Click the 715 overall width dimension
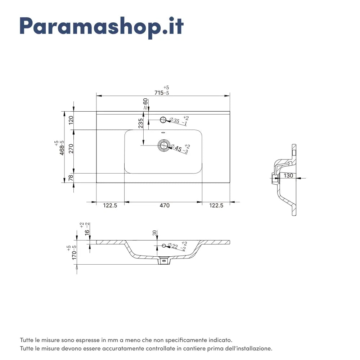point(162,91)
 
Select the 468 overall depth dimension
point(60,148)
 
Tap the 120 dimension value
point(71,120)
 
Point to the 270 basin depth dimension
point(71,149)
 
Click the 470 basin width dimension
point(165,205)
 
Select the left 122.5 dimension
point(110,205)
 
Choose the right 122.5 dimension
point(216,205)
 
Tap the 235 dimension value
point(141,123)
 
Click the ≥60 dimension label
point(145,104)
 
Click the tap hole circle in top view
point(163,120)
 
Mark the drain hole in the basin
point(163,145)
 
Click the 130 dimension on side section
point(288,176)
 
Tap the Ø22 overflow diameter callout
point(177,246)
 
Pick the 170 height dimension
point(72,253)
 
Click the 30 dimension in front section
point(154,233)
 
